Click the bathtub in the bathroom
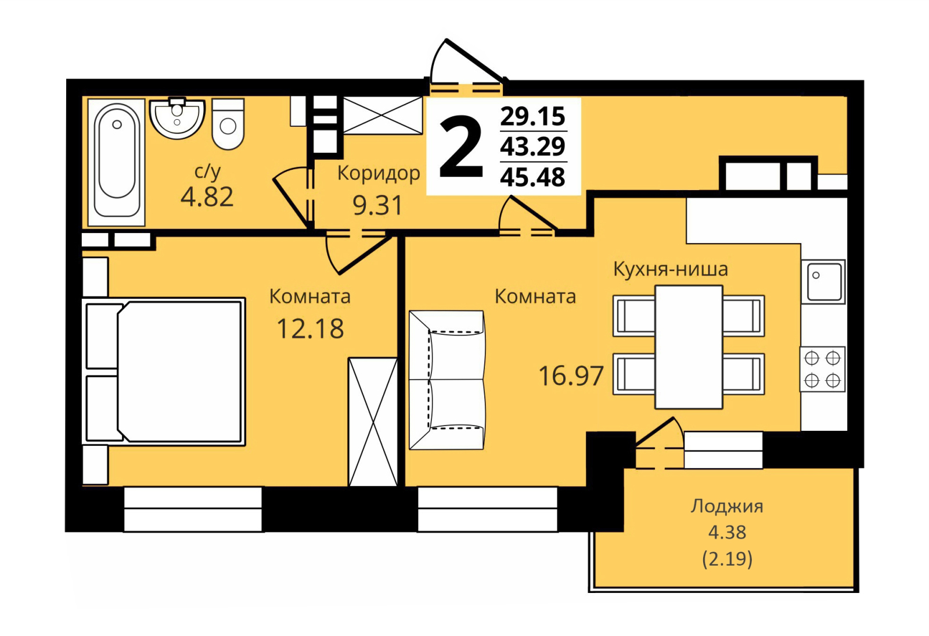pyautogui.click(x=117, y=162)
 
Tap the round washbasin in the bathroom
pyautogui.click(x=177, y=119)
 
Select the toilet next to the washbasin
pyautogui.click(x=228, y=124)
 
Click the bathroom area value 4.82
pyautogui.click(x=207, y=197)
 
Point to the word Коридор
pyautogui.click(x=379, y=173)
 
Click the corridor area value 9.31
pyautogui.click(x=378, y=205)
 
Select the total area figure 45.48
pyautogui.click(x=533, y=177)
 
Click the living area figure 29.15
pyautogui.click(x=533, y=116)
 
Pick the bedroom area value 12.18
pyautogui.click(x=310, y=329)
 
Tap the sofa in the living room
pyautogui.click(x=447, y=380)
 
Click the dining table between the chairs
pyautogui.click(x=689, y=347)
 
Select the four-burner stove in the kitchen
pyautogui.click(x=822, y=369)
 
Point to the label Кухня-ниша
pyautogui.click(x=671, y=269)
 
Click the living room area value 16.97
pyautogui.click(x=571, y=376)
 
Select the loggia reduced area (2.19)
pyautogui.click(x=728, y=559)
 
